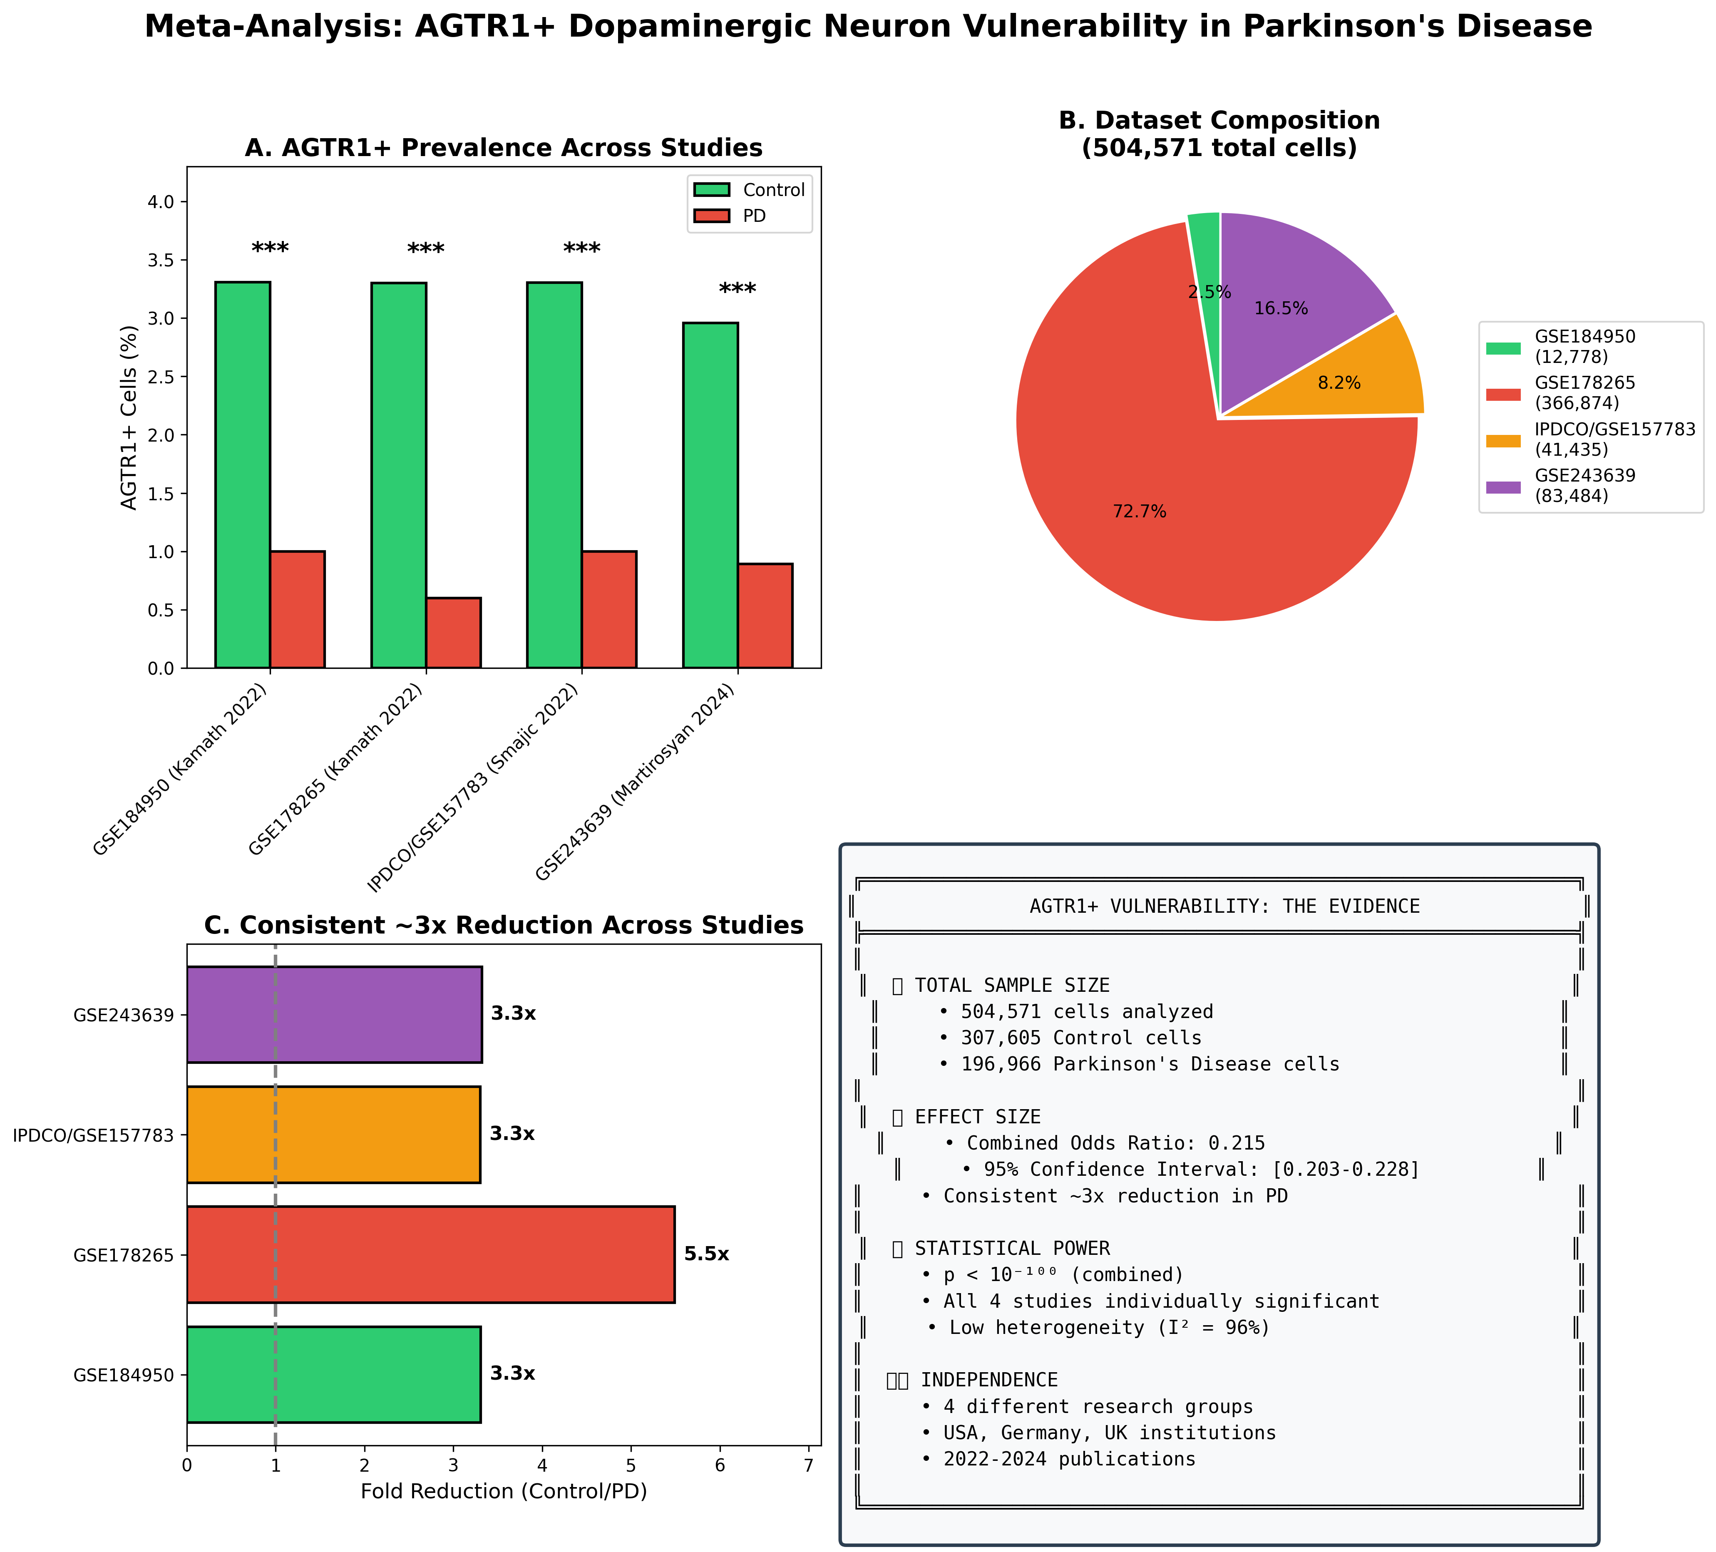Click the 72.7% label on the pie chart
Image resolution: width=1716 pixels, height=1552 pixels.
(x=1139, y=512)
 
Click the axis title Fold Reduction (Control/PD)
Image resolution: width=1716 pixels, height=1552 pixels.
(x=504, y=1492)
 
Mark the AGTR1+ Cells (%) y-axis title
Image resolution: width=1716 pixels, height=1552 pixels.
(x=129, y=417)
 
